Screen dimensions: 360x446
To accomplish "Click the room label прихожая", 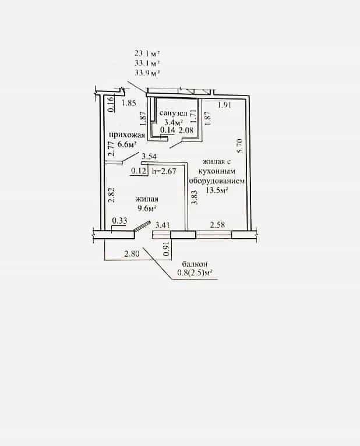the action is pos(126,135).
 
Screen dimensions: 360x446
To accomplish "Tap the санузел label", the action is pos(173,113).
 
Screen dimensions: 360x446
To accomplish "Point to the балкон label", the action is pos(195,264).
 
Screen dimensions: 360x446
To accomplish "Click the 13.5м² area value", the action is pos(217,190).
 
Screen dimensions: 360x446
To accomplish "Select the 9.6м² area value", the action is pos(147,208).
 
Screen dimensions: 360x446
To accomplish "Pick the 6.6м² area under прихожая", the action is pos(126,144).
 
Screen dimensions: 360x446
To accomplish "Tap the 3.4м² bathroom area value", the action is pos(174,123).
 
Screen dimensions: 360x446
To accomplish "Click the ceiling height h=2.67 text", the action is pos(164,171).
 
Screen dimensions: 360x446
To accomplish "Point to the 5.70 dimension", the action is pos(239,146).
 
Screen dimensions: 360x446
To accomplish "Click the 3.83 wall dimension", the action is pos(194,197).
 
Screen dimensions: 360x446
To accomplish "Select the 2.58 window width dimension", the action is pos(217,225).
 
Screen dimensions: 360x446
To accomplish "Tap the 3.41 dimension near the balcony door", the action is pos(163,225).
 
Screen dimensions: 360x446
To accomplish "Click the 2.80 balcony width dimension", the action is pos(132,253).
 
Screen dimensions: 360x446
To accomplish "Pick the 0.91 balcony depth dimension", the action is pos(167,248).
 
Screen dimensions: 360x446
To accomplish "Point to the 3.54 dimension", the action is pos(149,156).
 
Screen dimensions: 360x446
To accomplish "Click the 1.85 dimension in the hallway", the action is pos(129,103).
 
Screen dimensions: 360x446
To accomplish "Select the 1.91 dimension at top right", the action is pos(224,105).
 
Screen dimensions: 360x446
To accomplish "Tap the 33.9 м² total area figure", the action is pos(147,73).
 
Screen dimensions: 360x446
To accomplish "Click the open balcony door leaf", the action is pos(142,226).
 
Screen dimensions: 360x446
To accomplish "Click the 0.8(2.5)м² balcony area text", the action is pos(195,272).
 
